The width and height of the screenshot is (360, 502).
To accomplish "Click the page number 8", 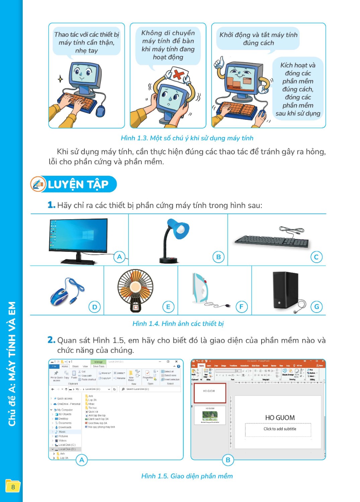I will (13, 487).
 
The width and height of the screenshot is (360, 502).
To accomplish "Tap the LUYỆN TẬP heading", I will (78, 184).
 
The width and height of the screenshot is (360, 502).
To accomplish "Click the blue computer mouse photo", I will (65, 292).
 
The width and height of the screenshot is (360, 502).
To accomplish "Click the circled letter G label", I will (316, 307).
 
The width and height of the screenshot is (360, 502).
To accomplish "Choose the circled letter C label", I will (316, 257).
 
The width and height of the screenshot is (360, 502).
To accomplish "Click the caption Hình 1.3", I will (187, 138).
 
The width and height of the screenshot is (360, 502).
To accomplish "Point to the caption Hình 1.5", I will (187, 476).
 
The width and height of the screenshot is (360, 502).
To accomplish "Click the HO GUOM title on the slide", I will (280, 418).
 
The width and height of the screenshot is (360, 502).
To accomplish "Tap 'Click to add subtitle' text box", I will (280, 429).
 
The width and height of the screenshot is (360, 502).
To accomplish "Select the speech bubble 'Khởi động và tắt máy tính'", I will (258, 39).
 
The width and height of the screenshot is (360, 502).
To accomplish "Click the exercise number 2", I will (51, 340).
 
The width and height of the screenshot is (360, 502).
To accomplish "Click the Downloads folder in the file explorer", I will (65, 427).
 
